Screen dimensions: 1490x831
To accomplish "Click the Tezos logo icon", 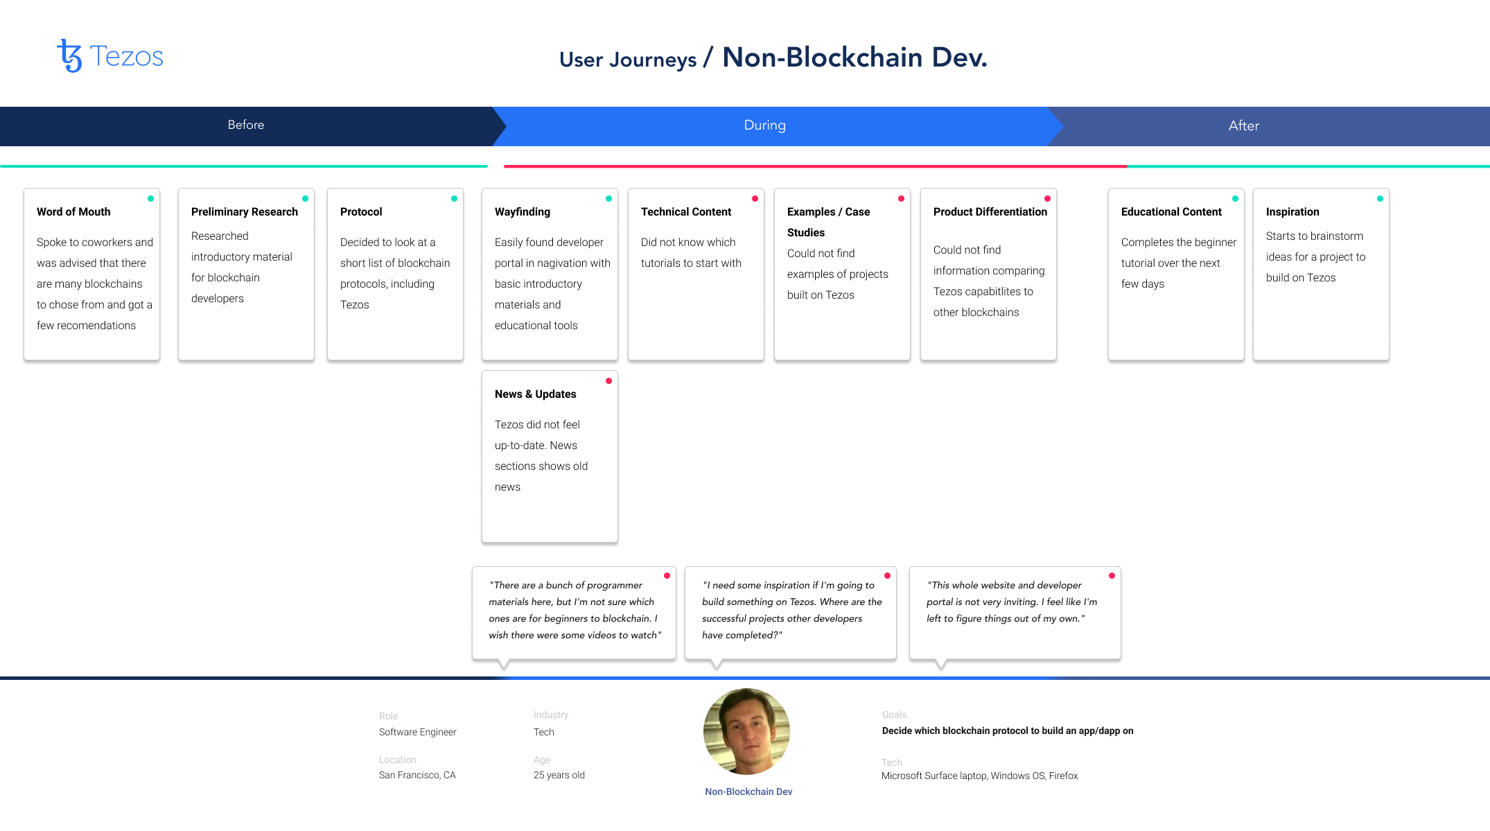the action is (69, 55).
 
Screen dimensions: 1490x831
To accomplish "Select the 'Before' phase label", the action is (246, 125).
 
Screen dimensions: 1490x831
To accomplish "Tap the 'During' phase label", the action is (764, 125).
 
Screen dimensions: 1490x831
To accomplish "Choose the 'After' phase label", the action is (1243, 125).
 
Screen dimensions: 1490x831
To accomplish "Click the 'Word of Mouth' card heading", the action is (73, 211).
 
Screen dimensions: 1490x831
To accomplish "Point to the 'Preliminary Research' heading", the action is (245, 211).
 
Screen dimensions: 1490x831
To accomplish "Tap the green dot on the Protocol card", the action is (454, 199).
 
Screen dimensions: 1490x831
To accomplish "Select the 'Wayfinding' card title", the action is (523, 211).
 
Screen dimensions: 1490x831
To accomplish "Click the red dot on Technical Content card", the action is (755, 199).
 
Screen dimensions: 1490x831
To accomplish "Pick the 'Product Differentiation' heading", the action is (990, 211).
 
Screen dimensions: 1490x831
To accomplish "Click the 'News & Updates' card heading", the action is (535, 394).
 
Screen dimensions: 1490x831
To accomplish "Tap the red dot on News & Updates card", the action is (608, 381).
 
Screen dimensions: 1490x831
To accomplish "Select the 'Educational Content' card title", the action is (1171, 211).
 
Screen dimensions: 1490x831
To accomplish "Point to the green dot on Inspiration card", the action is (1380, 199).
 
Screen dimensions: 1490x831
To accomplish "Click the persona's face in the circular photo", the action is (746, 731).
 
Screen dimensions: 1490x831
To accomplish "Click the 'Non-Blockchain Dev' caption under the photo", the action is (748, 791).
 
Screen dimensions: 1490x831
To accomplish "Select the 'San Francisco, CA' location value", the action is (417, 775).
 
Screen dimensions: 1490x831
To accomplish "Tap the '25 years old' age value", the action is (559, 775).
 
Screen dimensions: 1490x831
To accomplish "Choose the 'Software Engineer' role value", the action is (417, 732).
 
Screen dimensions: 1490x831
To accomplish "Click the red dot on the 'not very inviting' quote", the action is (1112, 576).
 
